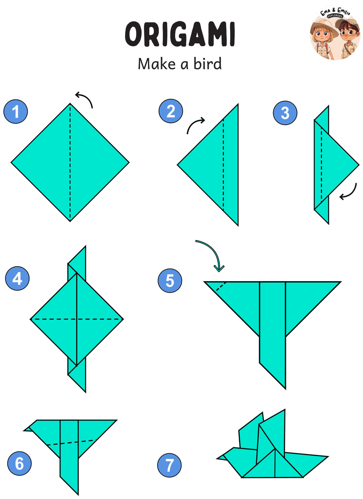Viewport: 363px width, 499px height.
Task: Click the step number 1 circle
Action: pos(15,112)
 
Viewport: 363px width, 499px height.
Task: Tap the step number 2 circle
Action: pos(171,111)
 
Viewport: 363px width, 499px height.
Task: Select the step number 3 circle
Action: pos(285,113)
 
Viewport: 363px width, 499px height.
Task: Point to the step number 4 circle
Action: pos(17,279)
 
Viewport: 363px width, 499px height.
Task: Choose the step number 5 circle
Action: pos(170,281)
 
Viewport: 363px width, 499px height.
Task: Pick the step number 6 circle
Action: pos(20,463)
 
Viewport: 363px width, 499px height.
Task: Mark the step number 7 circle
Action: pos(169,465)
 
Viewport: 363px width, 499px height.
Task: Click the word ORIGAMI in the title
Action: pos(180,34)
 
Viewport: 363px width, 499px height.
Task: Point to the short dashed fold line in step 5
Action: pos(221,286)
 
